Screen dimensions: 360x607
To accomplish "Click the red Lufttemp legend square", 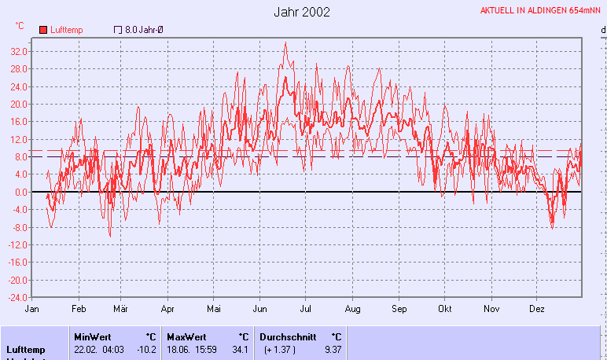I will (x=43, y=30).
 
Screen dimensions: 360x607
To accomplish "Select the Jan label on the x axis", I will (x=32, y=310).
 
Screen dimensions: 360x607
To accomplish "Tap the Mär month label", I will (x=121, y=310).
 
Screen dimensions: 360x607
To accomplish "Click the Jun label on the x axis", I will (x=259, y=310).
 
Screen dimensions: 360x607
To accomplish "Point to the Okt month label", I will (x=445, y=310).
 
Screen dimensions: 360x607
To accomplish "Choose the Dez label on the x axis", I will (x=538, y=310).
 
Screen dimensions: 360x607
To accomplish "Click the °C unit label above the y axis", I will (x=20, y=26).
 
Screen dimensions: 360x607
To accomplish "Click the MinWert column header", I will (x=93, y=336).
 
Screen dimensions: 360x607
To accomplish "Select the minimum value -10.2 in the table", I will (x=146, y=350).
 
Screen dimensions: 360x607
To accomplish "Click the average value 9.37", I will (x=333, y=350).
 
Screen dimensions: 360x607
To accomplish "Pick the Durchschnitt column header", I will (x=285, y=336).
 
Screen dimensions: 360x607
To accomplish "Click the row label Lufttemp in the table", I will (x=25, y=350).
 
